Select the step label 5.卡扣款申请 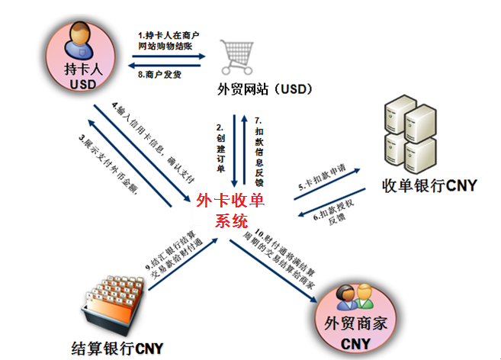click(326, 181)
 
